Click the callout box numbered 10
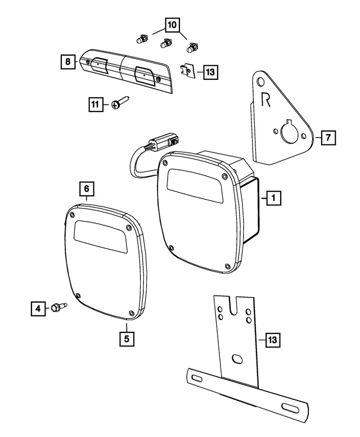[x=172, y=25]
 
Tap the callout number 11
[x=96, y=104]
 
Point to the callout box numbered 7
[x=328, y=137]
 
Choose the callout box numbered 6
[x=87, y=187]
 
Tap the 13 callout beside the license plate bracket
[x=273, y=340]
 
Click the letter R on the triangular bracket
[x=267, y=100]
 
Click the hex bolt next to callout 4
[x=58, y=307]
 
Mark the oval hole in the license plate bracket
[x=237, y=358]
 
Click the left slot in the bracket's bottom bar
[x=199, y=376]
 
